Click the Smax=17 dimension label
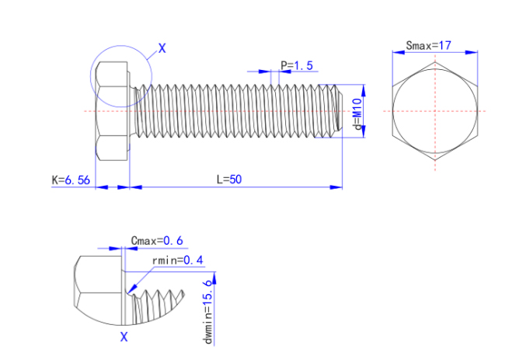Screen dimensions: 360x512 (x=429, y=45)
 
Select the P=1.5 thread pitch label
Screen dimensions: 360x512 (x=296, y=66)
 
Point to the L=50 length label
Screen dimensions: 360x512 (x=229, y=179)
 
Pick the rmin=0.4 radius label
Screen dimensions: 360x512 (x=178, y=260)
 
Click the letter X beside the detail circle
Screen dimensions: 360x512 (x=162, y=48)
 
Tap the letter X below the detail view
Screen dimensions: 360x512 (x=124, y=337)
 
